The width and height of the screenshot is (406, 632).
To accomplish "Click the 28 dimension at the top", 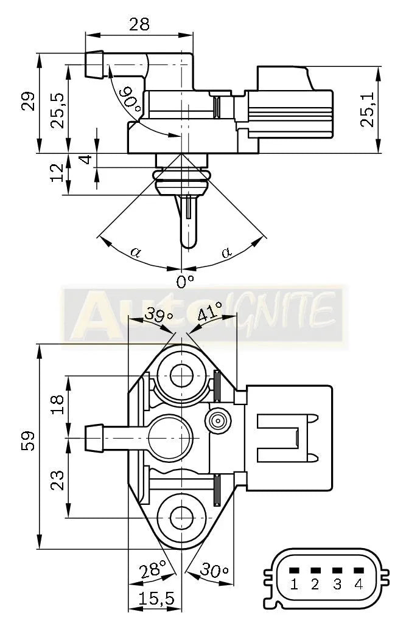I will pos(139,24).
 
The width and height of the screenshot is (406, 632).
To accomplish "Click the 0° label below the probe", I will pos(185,281).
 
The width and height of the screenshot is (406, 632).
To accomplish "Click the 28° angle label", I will pos(153,571).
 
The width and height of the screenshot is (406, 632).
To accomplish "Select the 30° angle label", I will pos(214,571).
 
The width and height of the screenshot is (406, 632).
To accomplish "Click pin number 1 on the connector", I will pos(293,585).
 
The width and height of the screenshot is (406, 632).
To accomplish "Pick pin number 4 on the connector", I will pos(359,585).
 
